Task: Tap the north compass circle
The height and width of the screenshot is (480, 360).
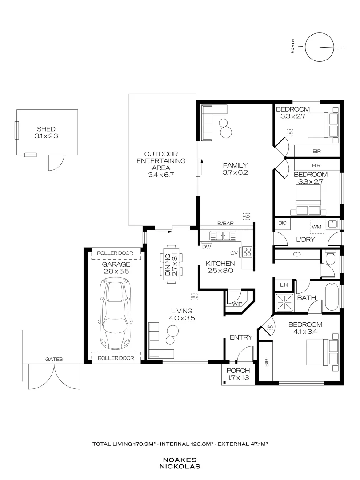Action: point(319,47)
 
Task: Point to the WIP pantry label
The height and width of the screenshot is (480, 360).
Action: point(237,304)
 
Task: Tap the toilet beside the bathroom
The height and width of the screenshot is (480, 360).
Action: point(330,258)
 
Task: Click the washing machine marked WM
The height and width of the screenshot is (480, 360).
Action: point(316,227)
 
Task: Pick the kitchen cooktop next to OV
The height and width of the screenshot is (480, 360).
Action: point(248,252)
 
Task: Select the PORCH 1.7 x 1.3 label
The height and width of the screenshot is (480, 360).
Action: point(238,374)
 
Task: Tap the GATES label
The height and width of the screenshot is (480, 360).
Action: point(54,359)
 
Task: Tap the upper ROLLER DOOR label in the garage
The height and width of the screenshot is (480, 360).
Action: point(115,253)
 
